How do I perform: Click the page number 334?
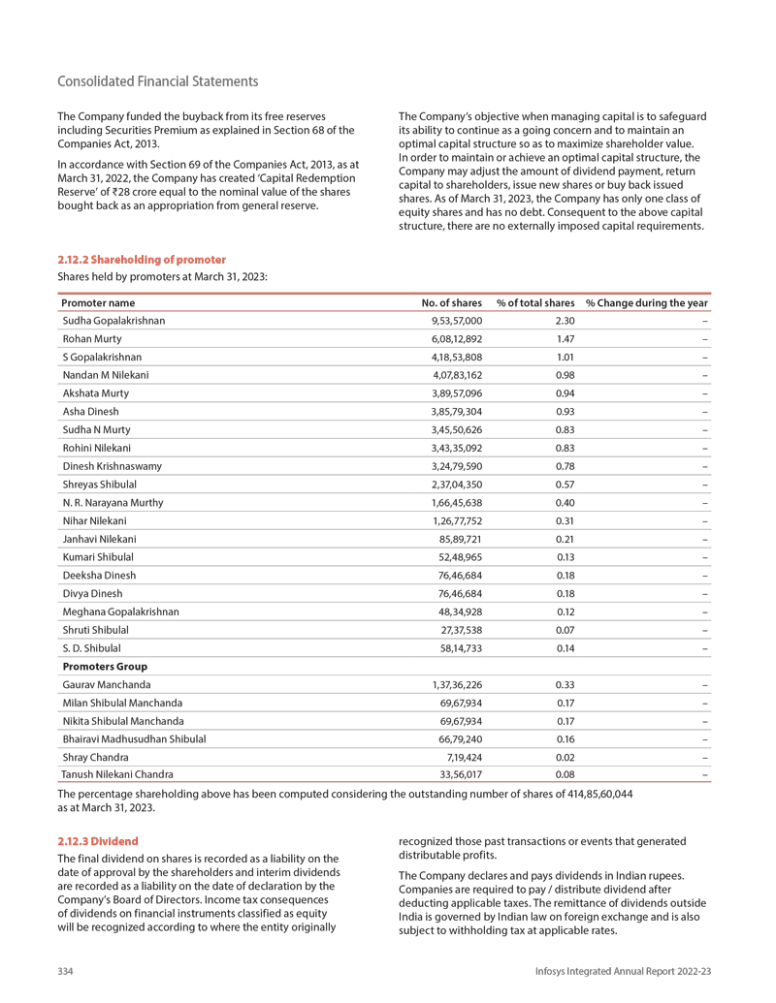(67, 971)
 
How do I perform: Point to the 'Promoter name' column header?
(99, 303)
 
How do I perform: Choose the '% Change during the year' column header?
(647, 303)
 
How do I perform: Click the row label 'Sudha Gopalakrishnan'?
(113, 321)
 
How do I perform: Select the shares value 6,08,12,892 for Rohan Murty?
(456, 338)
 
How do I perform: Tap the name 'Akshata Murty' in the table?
(95, 393)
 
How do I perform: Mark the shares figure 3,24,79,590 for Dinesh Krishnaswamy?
(456, 466)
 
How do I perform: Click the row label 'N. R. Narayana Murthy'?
(113, 503)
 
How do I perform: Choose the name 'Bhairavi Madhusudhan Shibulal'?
(134, 738)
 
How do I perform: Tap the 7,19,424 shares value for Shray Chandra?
(463, 757)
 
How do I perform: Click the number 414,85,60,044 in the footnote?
(585, 794)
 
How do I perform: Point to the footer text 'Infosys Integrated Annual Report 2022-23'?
(623, 971)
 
